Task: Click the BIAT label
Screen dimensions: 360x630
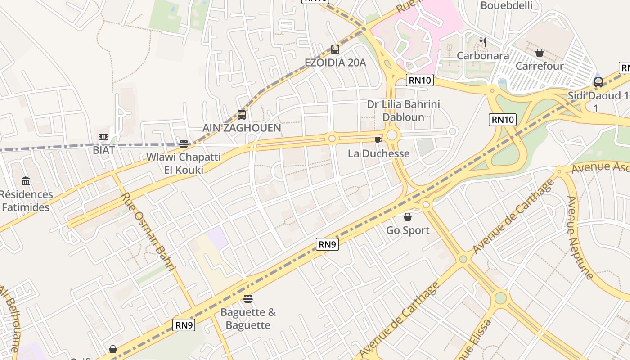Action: pos(104,150)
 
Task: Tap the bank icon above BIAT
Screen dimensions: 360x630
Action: pos(103,137)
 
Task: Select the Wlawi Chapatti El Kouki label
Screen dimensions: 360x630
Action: pos(184,163)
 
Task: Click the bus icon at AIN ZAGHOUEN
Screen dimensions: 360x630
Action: pos(242,115)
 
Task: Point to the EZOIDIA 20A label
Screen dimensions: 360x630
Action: pos(335,63)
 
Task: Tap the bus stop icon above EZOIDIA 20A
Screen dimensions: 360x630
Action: pos(335,49)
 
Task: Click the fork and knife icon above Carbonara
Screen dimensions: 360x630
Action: pos(483,43)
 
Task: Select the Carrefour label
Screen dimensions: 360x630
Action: pos(540,66)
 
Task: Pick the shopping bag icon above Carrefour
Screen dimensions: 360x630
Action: pos(540,53)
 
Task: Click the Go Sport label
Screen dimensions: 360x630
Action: pos(408,230)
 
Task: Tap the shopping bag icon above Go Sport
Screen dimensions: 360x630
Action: pos(408,217)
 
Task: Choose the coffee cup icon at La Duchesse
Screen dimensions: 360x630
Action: pos(378,141)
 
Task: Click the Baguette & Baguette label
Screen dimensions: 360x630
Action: pos(248,319)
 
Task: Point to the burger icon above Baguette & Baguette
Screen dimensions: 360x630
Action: pos(248,299)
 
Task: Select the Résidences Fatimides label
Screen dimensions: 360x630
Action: pos(26,201)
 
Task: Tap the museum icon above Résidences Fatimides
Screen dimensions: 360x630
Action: pos(26,181)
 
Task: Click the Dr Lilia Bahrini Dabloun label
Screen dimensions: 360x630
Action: pos(403,111)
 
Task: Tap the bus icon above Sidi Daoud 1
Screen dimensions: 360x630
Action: pos(598,82)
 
